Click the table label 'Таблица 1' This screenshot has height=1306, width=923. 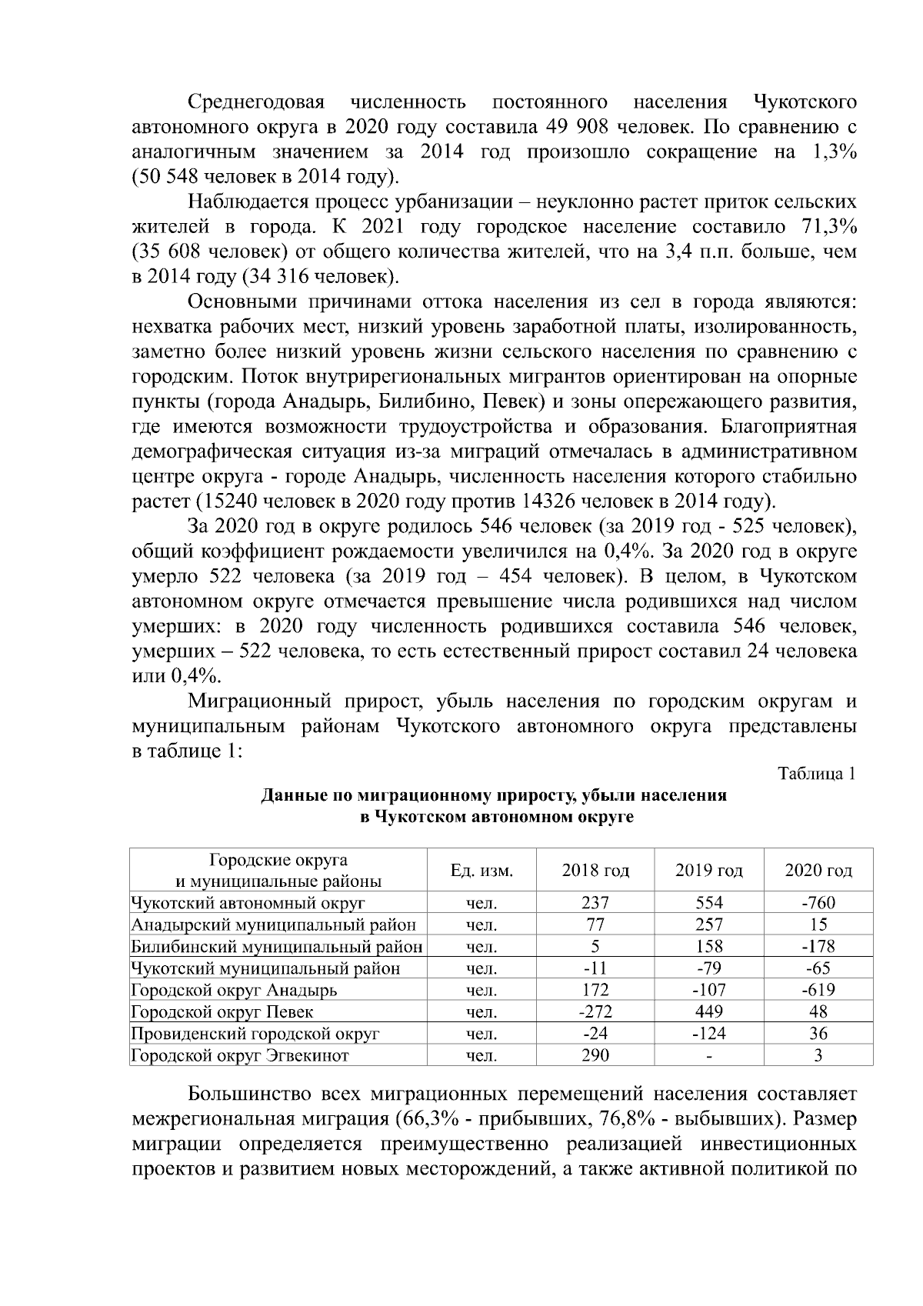click(x=817, y=774)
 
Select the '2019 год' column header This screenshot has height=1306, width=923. click(x=708, y=871)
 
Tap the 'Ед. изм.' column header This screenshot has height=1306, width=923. click(x=481, y=871)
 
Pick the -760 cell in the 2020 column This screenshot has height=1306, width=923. click(x=818, y=903)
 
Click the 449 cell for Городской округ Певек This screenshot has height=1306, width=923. click(x=708, y=1011)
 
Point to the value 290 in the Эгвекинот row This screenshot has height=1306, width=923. click(x=595, y=1055)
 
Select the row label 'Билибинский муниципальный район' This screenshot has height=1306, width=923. click(x=277, y=947)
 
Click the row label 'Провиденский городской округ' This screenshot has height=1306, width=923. click(x=255, y=1034)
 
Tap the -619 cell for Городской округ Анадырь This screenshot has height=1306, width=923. click(x=818, y=990)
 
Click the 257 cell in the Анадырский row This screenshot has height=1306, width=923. click(x=708, y=925)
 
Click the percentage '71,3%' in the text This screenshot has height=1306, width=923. click(x=828, y=227)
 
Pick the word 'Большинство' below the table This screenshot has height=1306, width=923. click(x=249, y=1093)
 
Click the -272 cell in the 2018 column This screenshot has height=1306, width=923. click(x=595, y=1011)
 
